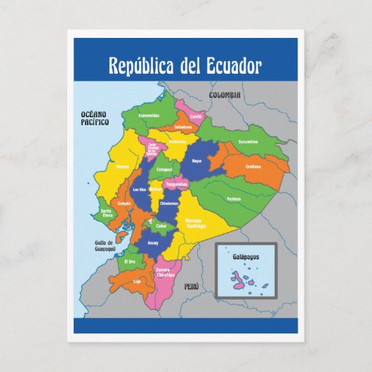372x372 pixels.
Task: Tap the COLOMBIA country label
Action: (x=225, y=95)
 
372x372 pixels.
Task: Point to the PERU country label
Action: (x=192, y=286)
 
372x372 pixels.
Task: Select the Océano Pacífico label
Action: (x=95, y=117)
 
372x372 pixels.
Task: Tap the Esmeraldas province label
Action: (x=149, y=115)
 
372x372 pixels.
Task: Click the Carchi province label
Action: (x=196, y=116)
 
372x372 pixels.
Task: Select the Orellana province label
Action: (x=253, y=166)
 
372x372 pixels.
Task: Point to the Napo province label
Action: (x=197, y=161)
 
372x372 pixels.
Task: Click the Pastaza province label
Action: (x=234, y=199)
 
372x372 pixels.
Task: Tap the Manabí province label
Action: (x=122, y=167)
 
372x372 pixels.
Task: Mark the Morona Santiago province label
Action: (x=195, y=222)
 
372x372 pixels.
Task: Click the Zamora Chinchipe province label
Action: (x=166, y=272)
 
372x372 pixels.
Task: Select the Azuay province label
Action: (x=153, y=242)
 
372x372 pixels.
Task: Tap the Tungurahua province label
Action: (x=176, y=185)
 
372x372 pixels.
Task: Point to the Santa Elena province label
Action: (x=106, y=213)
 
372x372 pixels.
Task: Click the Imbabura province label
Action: (x=183, y=127)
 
